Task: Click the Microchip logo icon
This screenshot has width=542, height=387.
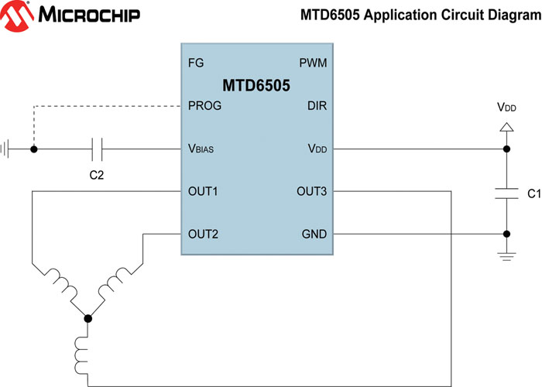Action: click(x=18, y=15)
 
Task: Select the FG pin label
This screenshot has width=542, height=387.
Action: click(x=196, y=62)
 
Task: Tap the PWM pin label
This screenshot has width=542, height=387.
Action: click(x=313, y=62)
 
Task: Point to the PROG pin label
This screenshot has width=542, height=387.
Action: click(x=204, y=105)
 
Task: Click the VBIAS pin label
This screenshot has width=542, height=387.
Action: click(x=202, y=149)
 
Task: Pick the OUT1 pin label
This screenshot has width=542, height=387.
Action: click(x=203, y=191)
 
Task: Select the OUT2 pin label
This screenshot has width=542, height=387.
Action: click(x=203, y=234)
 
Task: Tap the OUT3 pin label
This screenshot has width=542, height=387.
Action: click(x=311, y=191)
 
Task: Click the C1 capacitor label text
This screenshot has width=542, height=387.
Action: click(x=533, y=192)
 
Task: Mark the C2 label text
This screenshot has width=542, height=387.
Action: click(x=97, y=175)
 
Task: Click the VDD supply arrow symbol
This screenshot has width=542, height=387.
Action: click(x=506, y=126)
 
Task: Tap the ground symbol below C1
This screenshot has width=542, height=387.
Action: click(x=506, y=256)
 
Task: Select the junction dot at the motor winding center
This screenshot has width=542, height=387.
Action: click(x=87, y=317)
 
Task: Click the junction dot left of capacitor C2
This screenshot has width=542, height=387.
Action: click(x=33, y=148)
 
